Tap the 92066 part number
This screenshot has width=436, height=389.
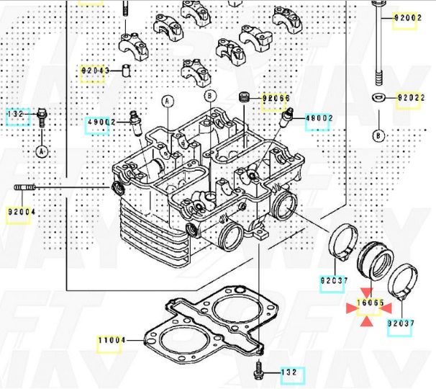276,98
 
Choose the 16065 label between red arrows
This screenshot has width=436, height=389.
371,303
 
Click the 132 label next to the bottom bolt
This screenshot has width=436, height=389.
289,372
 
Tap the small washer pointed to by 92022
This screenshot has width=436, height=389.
378,97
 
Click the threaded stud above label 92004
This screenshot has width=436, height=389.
25,187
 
